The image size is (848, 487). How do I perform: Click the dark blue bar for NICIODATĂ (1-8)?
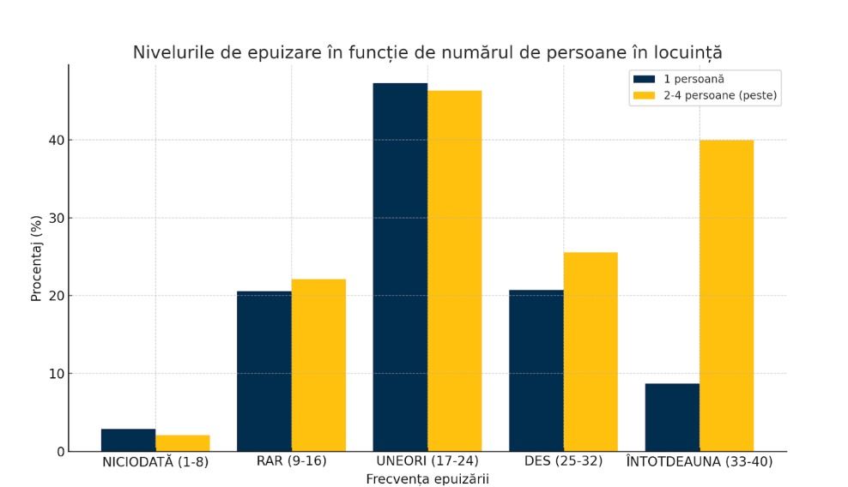coord(128,440)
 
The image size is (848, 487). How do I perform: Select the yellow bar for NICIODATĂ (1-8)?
coord(182,443)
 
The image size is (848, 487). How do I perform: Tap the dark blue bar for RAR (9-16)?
coord(263,371)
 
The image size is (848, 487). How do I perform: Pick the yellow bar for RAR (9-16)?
coord(318,365)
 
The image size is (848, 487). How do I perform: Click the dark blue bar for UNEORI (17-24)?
coord(400,267)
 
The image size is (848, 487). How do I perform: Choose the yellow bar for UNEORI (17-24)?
coord(454,271)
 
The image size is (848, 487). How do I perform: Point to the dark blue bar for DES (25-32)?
coord(536,370)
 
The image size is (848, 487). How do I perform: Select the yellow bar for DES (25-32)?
coord(591,352)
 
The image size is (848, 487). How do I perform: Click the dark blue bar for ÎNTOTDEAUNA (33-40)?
coord(672,418)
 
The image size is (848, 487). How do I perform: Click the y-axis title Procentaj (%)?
coord(37,258)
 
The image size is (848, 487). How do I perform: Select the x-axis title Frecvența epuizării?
coord(427,478)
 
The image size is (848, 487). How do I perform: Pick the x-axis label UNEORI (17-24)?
coord(427,461)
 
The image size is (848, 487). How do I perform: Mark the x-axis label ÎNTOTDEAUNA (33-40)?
coord(700,461)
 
